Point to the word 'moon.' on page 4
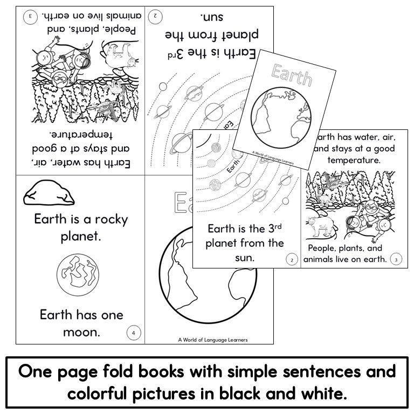tap(81, 332)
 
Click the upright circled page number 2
tap(292, 260)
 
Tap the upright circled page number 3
tap(396, 259)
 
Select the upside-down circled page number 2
tap(155, 16)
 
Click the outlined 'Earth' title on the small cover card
tap(292, 75)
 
